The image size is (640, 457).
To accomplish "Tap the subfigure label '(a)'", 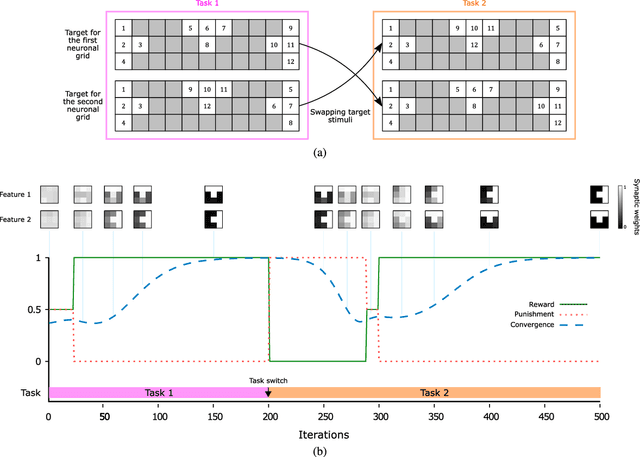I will pyautogui.click(x=320, y=153).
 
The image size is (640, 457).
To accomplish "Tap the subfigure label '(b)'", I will pyautogui.click(x=320, y=451).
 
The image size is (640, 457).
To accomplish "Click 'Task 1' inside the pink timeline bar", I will pyautogui.click(x=158, y=393).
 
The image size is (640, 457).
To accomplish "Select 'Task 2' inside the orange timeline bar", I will pyautogui.click(x=433, y=393).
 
